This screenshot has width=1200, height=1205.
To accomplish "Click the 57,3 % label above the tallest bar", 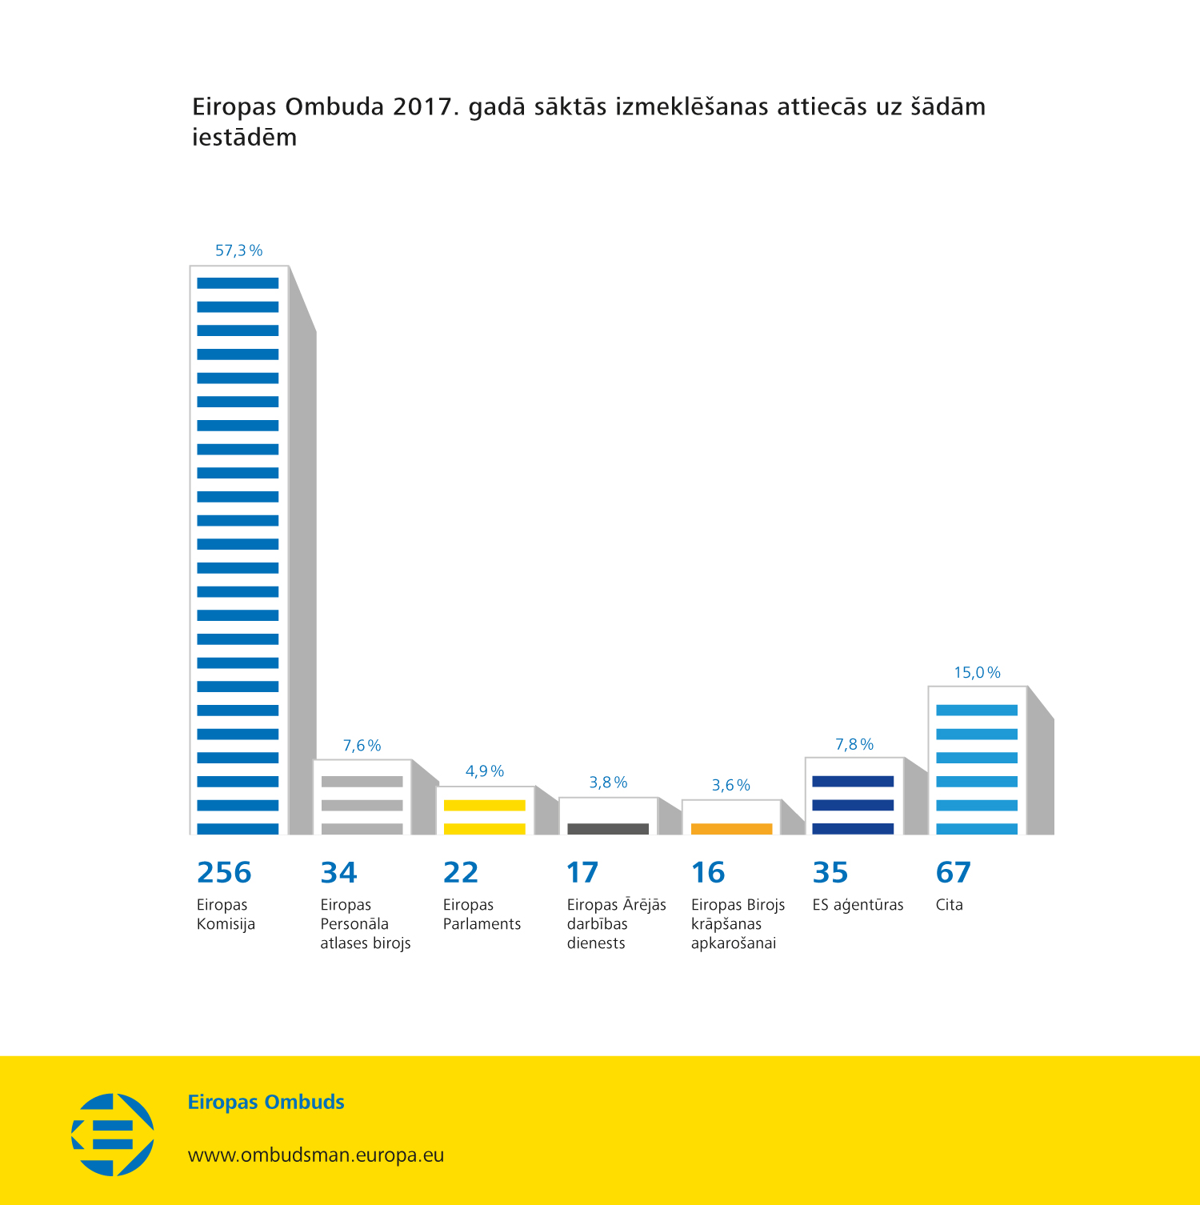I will [238, 250].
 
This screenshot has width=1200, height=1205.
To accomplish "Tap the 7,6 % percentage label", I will [362, 746].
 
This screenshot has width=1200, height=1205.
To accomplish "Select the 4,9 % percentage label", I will [485, 771].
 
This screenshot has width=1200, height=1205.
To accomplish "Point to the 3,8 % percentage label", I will [608, 783].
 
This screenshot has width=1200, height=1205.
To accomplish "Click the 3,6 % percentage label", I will [731, 786].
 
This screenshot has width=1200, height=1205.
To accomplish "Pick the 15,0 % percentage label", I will [977, 673].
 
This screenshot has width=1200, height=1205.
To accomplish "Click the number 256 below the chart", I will [224, 872].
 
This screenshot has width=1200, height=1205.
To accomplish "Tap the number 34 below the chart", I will [338, 872].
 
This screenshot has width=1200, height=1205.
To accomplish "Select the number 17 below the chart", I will [582, 872].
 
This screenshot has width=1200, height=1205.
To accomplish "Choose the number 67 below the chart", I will [953, 872].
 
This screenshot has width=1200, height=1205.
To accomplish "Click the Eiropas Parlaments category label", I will [482, 915].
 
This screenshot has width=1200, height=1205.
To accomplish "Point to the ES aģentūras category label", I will [858, 905].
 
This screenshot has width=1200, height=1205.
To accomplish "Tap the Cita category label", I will [950, 905].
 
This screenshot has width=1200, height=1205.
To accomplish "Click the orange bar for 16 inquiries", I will [731, 828].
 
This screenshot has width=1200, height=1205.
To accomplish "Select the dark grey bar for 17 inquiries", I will [608, 828].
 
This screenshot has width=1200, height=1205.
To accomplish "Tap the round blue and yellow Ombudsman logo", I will [113, 1135].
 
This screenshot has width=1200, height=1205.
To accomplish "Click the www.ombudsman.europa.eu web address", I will [316, 1155].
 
